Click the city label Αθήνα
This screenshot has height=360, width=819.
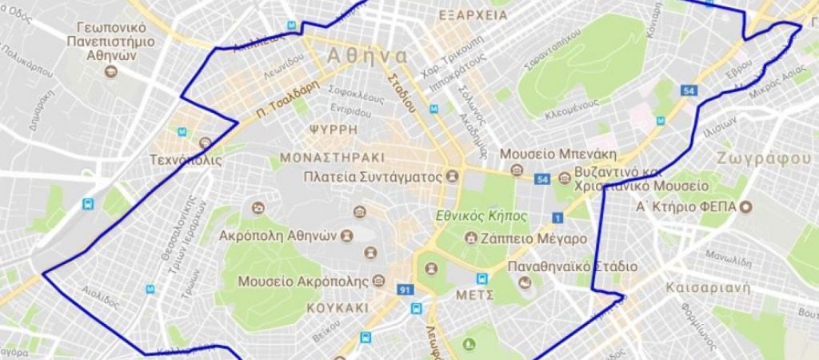point(367,56)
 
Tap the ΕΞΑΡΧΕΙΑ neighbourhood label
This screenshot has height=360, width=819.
point(473,14)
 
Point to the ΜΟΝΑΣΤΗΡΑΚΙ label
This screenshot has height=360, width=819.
point(332,157)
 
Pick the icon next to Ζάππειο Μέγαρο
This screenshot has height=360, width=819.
point(472,238)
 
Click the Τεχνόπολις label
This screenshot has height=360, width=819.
point(186,160)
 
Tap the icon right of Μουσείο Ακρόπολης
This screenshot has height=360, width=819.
point(378,282)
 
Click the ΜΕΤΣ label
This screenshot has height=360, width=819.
point(472,296)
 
